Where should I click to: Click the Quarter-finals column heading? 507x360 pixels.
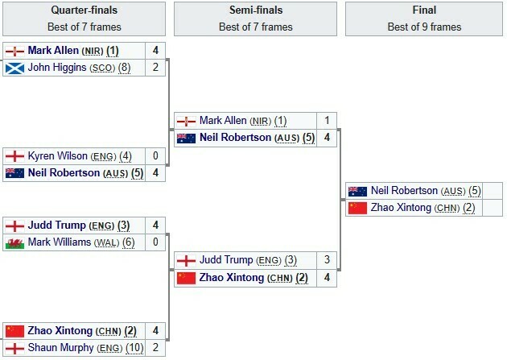pos(84,10)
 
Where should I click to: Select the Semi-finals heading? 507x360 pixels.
pos(256,10)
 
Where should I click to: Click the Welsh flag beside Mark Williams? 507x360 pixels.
pos(14,242)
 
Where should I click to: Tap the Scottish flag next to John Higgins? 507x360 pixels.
pos(14,68)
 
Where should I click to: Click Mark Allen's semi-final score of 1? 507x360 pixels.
pos(327,121)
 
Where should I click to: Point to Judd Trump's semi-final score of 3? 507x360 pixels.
pos(327,260)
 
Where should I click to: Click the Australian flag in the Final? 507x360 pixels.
pos(357,191)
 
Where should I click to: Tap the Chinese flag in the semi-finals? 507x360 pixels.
pos(186,278)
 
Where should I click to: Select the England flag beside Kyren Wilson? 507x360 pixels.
pos(14,155)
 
